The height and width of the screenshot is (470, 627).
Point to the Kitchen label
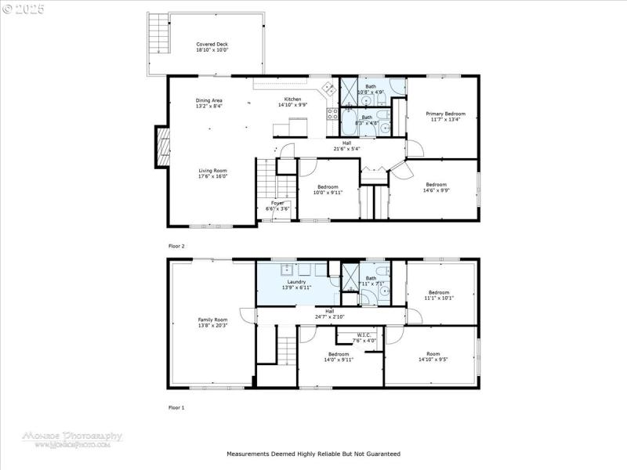pos(292,100)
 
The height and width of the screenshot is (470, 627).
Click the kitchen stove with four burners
pos(332,114)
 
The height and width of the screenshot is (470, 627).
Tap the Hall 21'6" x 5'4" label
pos(346,146)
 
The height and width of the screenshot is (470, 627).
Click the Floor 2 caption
pos(177,246)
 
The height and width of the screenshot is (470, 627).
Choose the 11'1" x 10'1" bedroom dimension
pos(438,298)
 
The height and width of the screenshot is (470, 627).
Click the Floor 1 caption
pos(177,407)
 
